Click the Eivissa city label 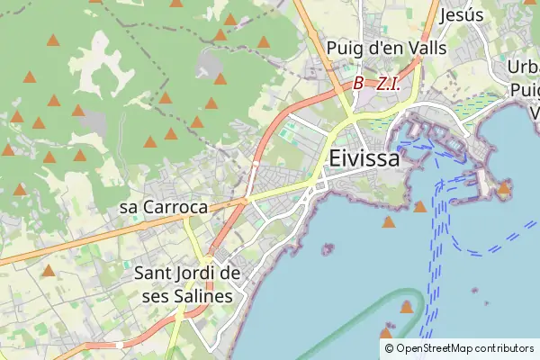[364, 157]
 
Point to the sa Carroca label [163, 207]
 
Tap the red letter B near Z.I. [358, 83]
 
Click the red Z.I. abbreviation [388, 83]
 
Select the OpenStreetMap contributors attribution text [464, 347]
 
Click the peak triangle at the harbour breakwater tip [504, 188]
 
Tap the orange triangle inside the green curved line [406, 308]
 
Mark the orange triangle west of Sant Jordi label [48, 270]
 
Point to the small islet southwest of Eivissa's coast [328, 247]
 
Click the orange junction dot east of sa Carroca [245, 201]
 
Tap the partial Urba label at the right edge [523, 68]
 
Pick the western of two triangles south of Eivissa [388, 221]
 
